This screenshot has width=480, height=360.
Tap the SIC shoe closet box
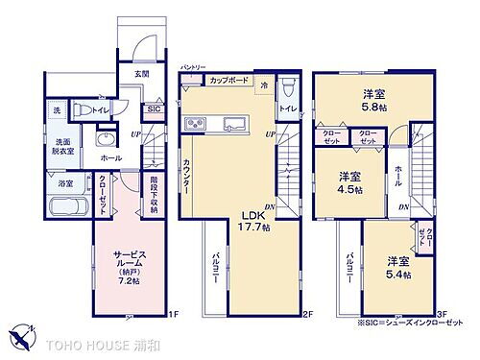[x=154, y=110]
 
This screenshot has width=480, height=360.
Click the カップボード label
[x=230, y=80]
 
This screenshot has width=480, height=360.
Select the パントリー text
[x=193, y=66]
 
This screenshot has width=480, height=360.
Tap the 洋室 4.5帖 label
[x=349, y=182]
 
